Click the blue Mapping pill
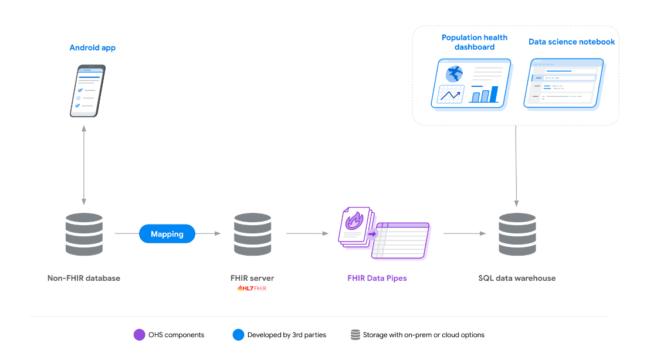pyautogui.click(x=167, y=233)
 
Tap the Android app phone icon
pyautogui.click(x=87, y=91)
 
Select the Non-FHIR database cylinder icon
pyautogui.click(x=84, y=234)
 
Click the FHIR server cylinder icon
pyautogui.click(x=252, y=234)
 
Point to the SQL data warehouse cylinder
pyautogui.click(x=517, y=234)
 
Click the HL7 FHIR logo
pyautogui.click(x=252, y=288)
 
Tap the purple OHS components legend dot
pyautogui.click(x=139, y=335)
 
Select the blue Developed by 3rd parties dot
pyautogui.click(x=238, y=335)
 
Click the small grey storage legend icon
pyautogui.click(x=356, y=335)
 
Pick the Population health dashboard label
pyautogui.click(x=474, y=42)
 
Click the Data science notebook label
pyautogui.click(x=571, y=42)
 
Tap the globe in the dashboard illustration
pyautogui.click(x=454, y=74)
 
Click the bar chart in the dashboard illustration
pyautogui.click(x=484, y=94)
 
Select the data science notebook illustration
pyautogui.click(x=564, y=84)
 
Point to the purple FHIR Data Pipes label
pyautogui.click(x=377, y=278)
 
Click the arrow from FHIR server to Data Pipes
pyautogui.click(x=307, y=233)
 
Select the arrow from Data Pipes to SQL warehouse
pyautogui.click(x=465, y=233)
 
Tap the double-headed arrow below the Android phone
pyautogui.click(x=84, y=165)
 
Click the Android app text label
pyautogui.click(x=93, y=47)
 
